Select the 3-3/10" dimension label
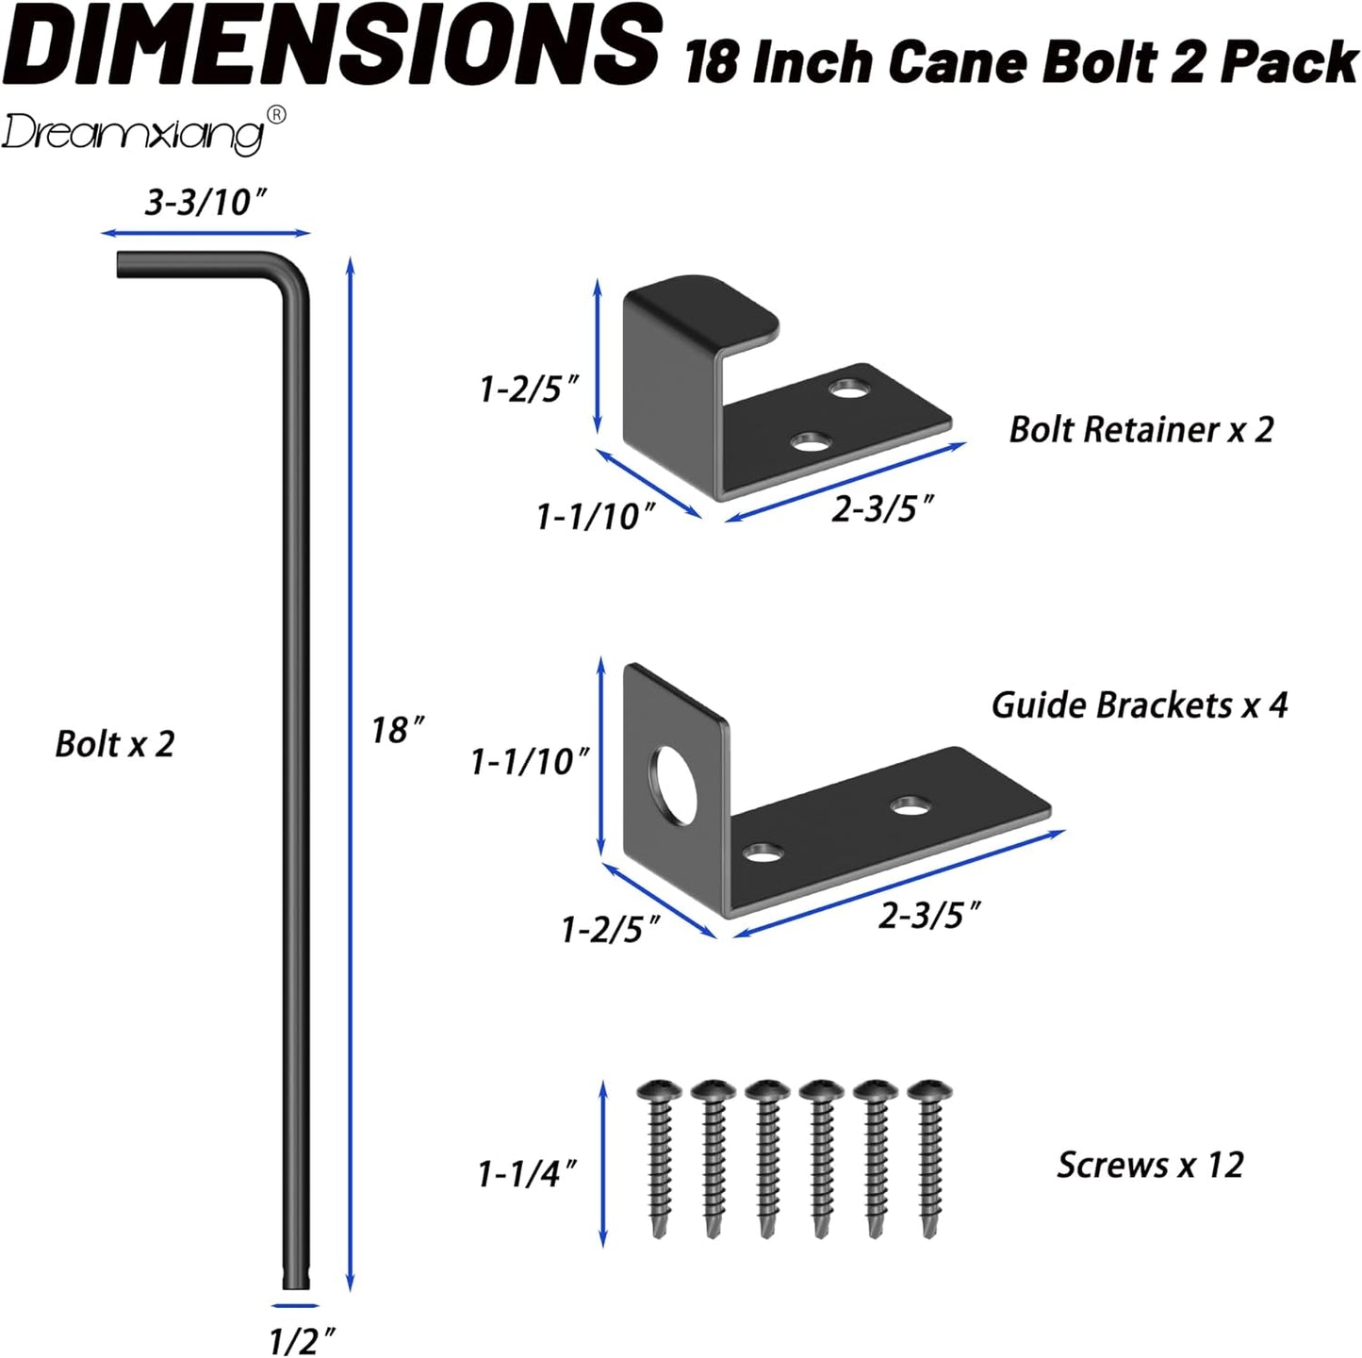coord(205,202)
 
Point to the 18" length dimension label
coord(397,730)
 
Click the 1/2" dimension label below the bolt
coord(302,1339)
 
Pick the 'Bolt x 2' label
coord(115,744)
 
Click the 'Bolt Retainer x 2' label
coord(1140,430)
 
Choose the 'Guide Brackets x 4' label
coord(1139,705)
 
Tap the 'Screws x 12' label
coord(1150,1166)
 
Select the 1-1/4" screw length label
coord(527,1174)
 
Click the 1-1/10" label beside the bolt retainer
coord(595,517)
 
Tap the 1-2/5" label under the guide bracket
coord(610,931)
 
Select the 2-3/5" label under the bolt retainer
coord(882,510)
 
